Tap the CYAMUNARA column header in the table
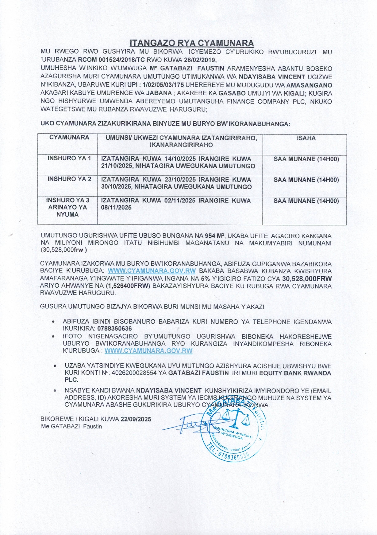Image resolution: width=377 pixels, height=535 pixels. pyautogui.click(x=69, y=138)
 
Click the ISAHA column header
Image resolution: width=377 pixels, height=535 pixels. pyautogui.click(x=306, y=138)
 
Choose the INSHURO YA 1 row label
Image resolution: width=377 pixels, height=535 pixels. pyautogui.click(x=69, y=158)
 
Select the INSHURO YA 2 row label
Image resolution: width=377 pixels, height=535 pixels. pyautogui.click(x=69, y=179)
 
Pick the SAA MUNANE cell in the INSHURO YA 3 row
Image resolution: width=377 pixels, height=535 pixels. pyautogui.click(x=306, y=201)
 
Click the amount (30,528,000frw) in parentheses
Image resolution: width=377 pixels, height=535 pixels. pyautogui.click(x=63, y=250)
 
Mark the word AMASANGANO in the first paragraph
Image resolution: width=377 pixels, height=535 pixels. pyautogui.click(x=309, y=85)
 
